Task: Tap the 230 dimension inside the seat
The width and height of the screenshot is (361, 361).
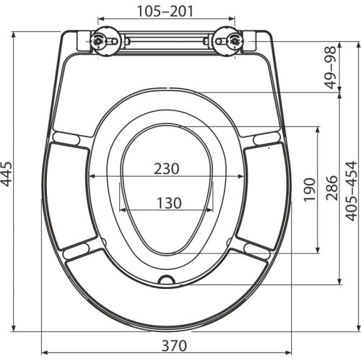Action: [166, 168]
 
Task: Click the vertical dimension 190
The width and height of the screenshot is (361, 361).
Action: [308, 190]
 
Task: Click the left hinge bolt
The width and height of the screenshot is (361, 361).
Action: [99, 41]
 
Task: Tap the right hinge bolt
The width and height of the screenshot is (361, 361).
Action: [233, 41]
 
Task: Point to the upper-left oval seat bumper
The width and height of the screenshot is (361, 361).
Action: [66, 137]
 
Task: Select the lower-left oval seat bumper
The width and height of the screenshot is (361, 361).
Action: [77, 250]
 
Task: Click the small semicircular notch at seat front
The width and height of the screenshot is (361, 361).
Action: [166, 279]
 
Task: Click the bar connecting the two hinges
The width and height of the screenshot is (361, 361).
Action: [166, 43]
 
